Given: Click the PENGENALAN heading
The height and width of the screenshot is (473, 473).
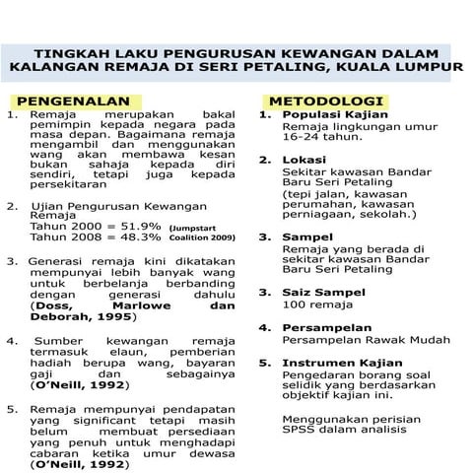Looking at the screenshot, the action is click(x=73, y=101).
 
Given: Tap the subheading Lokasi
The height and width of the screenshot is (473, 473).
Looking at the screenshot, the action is click(x=303, y=160).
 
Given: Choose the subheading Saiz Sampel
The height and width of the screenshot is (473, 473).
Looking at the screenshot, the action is click(x=323, y=293).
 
